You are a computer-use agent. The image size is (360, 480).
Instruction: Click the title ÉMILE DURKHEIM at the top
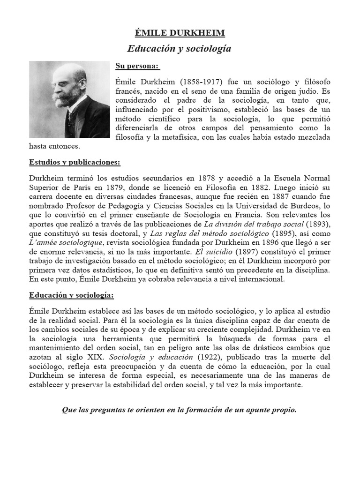point(180,32)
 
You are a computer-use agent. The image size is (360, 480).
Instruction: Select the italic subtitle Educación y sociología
point(180,49)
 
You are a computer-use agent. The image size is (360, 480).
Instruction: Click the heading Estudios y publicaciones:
point(75,162)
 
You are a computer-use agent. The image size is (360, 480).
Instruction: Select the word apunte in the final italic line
point(251,410)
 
